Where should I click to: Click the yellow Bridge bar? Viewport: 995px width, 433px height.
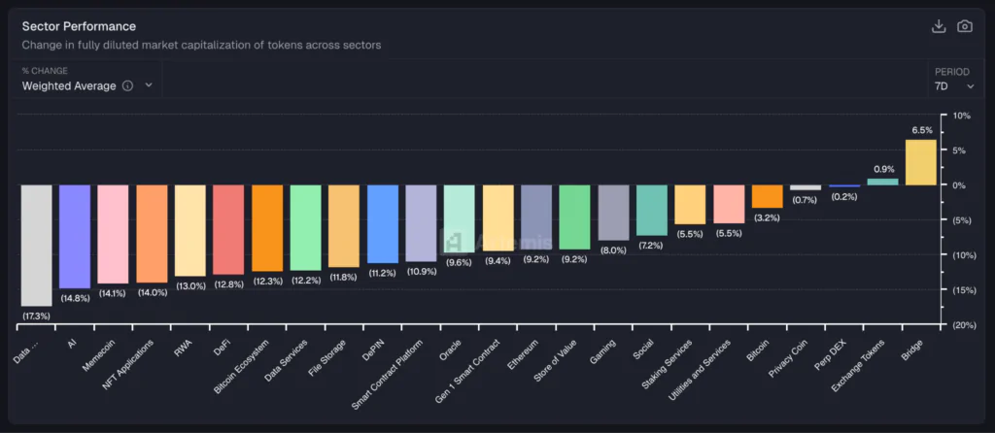tap(920, 162)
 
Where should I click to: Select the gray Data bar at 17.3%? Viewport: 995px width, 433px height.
tap(36, 245)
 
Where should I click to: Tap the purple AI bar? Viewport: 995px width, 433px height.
tap(75, 236)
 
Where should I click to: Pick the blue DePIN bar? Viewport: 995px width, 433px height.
tap(382, 223)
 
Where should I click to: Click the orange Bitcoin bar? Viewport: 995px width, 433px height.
tap(767, 196)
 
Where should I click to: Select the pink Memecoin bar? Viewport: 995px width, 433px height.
tap(113, 234)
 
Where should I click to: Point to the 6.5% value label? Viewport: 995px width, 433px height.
tap(921, 130)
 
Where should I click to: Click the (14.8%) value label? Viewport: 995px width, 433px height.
tap(75, 298)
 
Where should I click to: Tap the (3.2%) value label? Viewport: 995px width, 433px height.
tap(767, 217)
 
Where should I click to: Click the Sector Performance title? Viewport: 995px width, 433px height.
tap(79, 26)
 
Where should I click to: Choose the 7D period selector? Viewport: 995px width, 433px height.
tap(953, 85)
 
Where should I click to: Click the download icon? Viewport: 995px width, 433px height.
tap(939, 26)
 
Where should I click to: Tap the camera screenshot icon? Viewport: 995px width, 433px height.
tap(965, 26)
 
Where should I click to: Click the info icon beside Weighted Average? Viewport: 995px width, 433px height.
tap(127, 85)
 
